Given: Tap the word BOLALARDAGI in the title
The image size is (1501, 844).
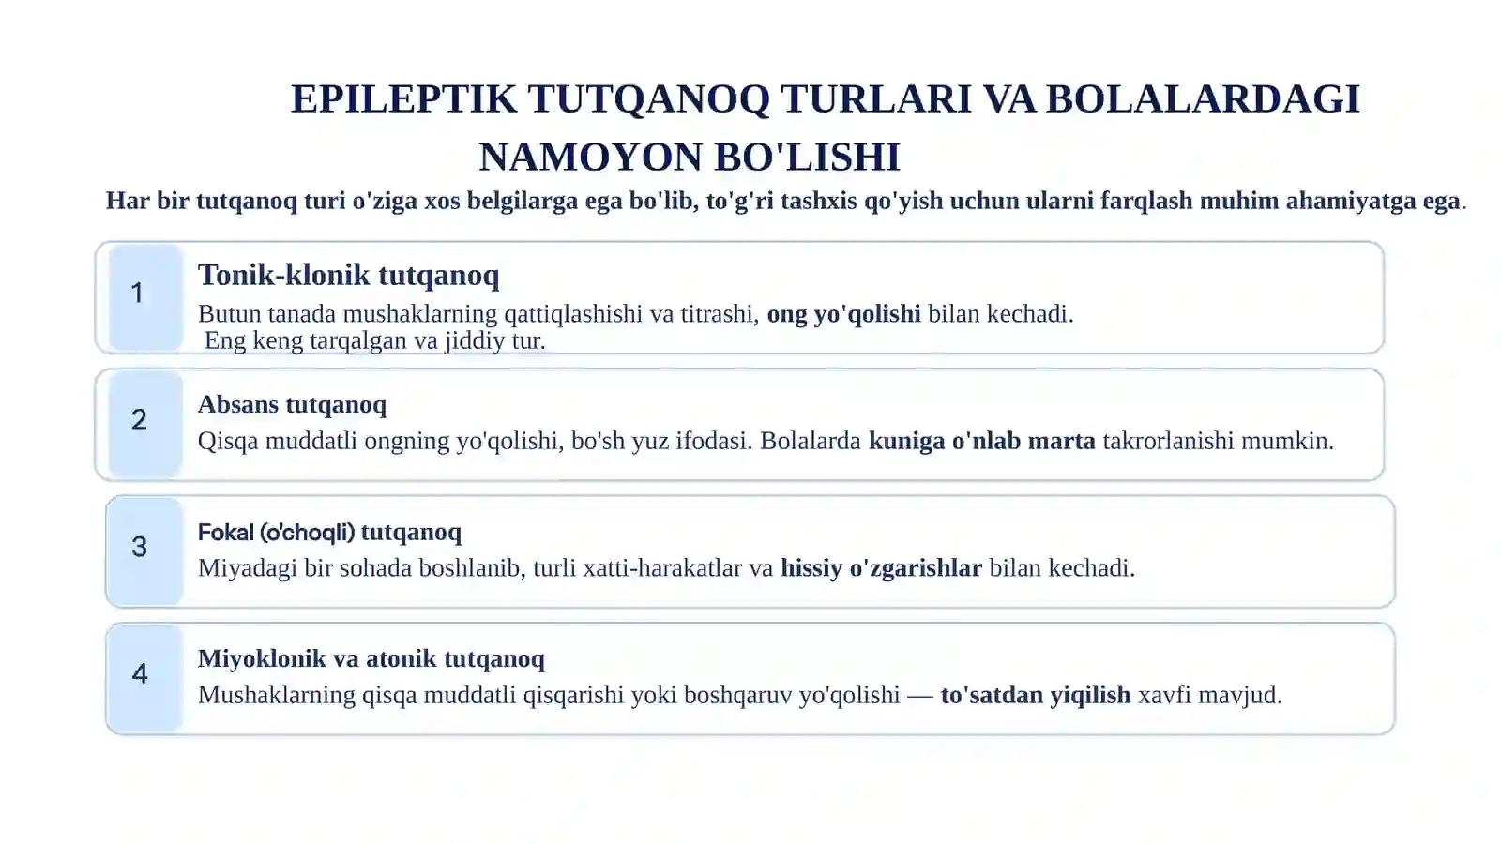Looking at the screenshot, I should (x=1202, y=99).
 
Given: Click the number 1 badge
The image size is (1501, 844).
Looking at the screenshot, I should (x=138, y=294).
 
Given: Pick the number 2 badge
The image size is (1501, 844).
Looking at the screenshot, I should (x=139, y=420).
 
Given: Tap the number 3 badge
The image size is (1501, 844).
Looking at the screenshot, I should (x=140, y=547).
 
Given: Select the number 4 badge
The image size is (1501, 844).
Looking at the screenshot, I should (x=140, y=673).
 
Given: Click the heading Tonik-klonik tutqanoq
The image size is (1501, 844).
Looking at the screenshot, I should (x=348, y=275).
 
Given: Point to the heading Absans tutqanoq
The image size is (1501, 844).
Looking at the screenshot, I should (x=292, y=404).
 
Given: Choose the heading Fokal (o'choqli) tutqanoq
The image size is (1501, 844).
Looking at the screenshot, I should (x=329, y=532).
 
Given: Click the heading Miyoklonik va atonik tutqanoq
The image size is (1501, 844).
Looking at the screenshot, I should (x=371, y=658).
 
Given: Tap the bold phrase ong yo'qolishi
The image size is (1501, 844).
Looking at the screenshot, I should (x=843, y=313).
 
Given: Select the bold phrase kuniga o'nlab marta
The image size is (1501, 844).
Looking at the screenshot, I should (x=981, y=441).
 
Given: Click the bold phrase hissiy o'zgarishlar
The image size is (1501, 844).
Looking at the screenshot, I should (x=881, y=567).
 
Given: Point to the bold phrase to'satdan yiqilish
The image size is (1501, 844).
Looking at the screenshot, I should (x=1035, y=695).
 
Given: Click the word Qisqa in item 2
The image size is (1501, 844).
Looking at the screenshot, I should (x=228, y=441).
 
